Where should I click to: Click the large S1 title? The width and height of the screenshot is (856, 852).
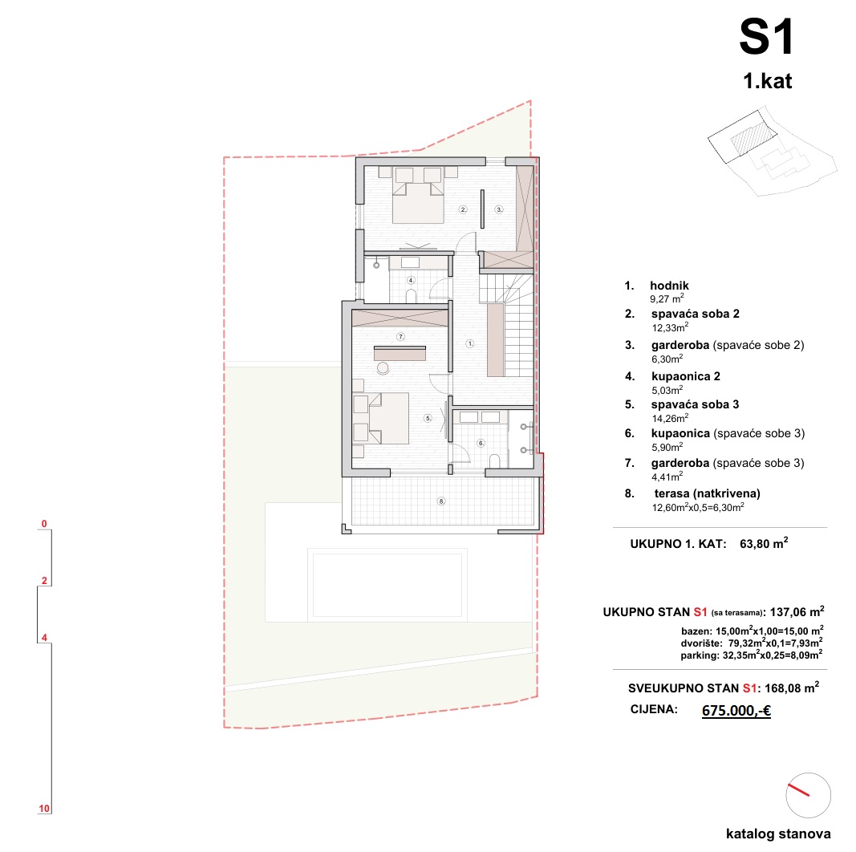[x=766, y=37]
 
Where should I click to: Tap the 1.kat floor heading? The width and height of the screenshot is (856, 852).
[x=767, y=81]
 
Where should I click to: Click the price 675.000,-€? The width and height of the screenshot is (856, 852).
[x=736, y=710]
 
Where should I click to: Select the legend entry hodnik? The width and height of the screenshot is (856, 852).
[x=669, y=286]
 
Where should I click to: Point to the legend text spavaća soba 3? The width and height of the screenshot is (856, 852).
[x=695, y=404]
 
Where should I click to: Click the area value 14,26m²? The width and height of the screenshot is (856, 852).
[x=670, y=418]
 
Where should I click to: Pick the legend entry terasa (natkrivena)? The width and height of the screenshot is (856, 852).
[x=707, y=493]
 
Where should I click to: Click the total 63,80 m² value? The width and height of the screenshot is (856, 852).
[x=764, y=543]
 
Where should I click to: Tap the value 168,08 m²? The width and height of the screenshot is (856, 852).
[x=792, y=688]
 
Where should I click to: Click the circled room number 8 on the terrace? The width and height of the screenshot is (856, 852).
[x=441, y=501]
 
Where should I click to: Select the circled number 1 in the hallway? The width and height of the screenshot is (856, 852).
[x=470, y=344]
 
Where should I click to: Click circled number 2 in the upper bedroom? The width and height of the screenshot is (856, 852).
[x=463, y=209]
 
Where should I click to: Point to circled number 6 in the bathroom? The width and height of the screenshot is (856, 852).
[x=481, y=443]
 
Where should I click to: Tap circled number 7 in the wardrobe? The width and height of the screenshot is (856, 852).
[x=400, y=337]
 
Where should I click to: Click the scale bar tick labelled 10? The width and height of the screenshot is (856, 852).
[x=44, y=809]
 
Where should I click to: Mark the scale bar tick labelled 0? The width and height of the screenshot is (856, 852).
[x=44, y=524]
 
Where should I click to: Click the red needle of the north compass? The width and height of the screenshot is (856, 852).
[x=798, y=790]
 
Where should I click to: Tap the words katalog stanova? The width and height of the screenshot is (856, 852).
[x=778, y=834]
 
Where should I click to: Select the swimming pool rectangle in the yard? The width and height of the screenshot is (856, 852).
[x=387, y=585]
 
